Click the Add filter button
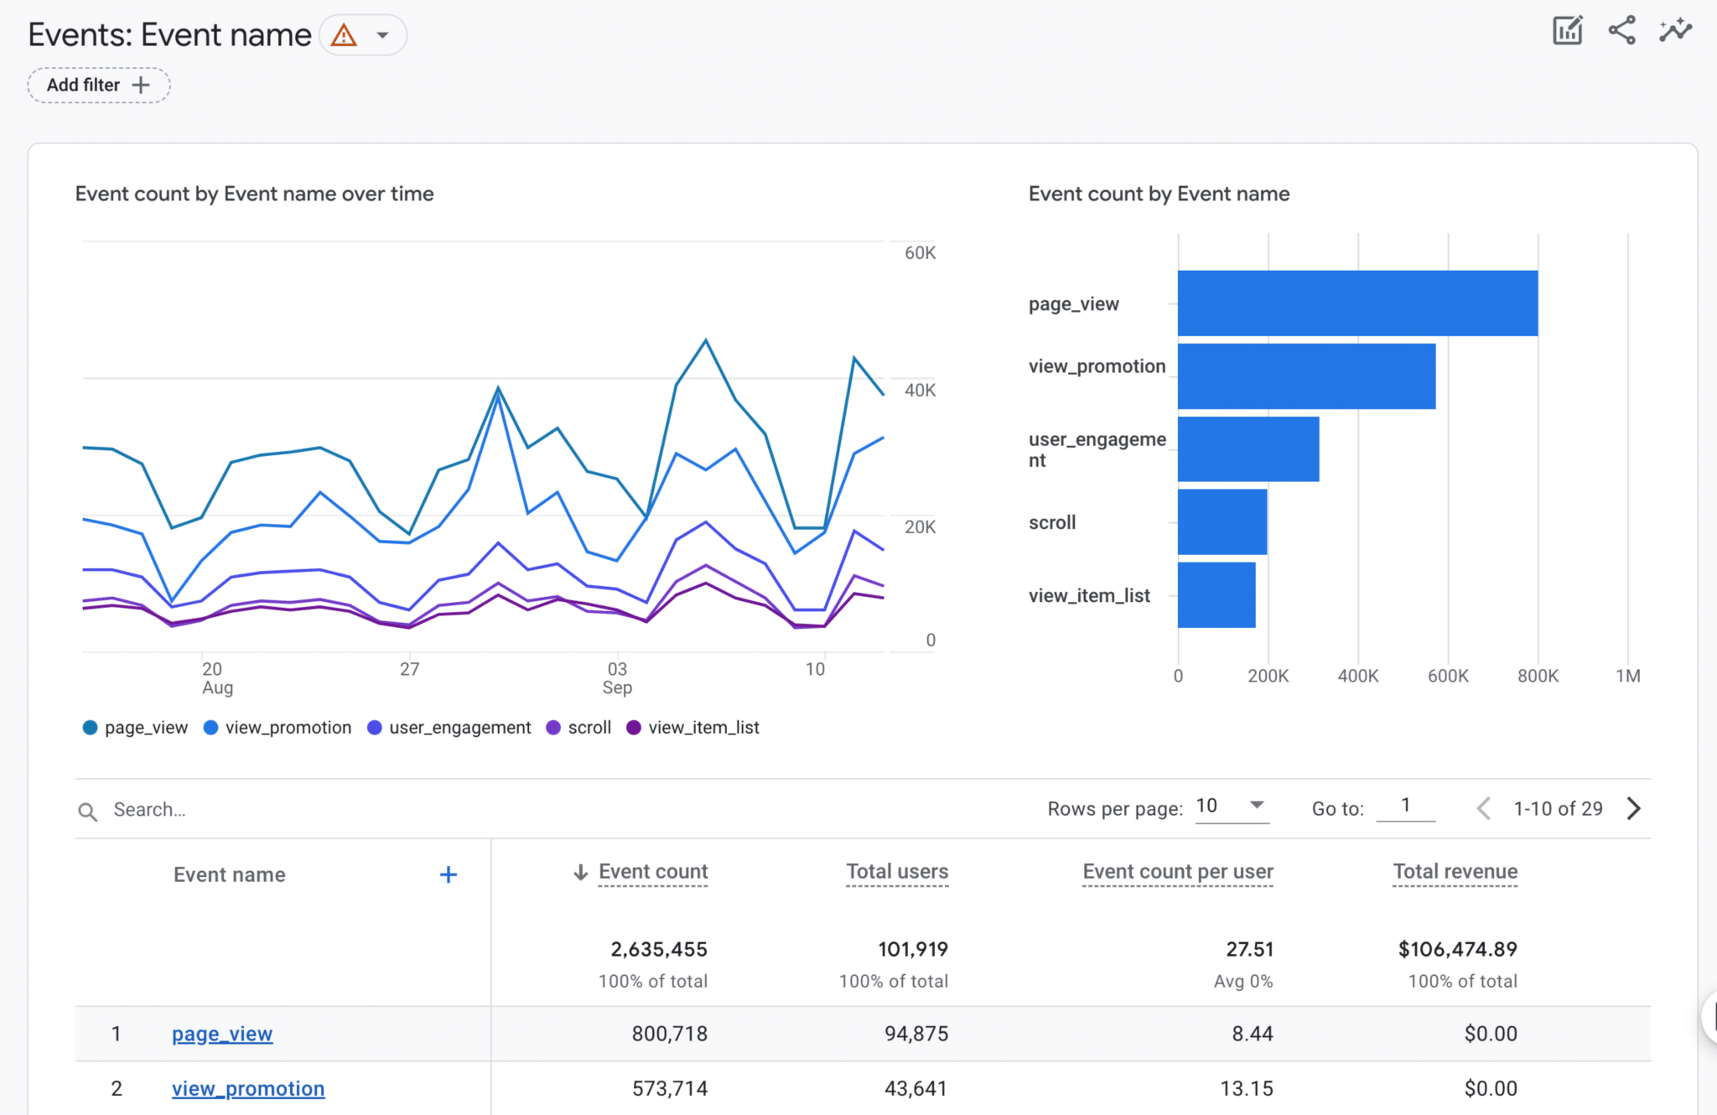[98, 86]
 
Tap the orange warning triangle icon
[344, 35]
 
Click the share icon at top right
[1621, 31]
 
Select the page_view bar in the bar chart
[1356, 303]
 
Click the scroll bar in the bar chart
[1222, 522]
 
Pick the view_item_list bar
[1216, 595]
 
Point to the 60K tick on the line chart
[920, 253]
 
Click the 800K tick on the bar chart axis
[1538, 676]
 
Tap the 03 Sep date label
[617, 678]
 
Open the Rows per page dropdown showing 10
[1231, 806]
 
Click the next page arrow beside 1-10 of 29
[1633, 809]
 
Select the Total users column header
[897, 872]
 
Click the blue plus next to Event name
[449, 875]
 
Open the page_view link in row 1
[222, 1035]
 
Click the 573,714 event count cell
[669, 1089]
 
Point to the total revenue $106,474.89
[1457, 950]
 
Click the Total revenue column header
[1455, 872]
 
